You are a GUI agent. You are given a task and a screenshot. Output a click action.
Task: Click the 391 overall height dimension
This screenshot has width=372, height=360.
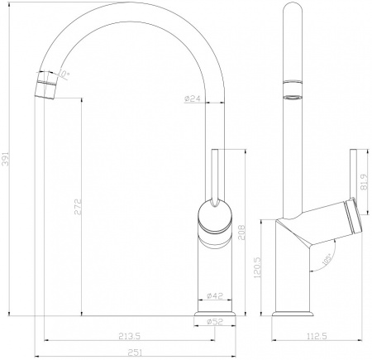pyautogui.click(x=8, y=159)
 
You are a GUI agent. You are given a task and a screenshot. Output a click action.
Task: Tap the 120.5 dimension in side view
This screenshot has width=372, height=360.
pyautogui.click(x=260, y=266)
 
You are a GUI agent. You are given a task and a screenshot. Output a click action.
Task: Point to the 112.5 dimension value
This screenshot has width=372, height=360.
pyautogui.click(x=315, y=335)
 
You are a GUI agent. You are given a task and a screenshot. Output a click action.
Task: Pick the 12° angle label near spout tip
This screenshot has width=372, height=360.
pyautogui.click(x=65, y=74)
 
